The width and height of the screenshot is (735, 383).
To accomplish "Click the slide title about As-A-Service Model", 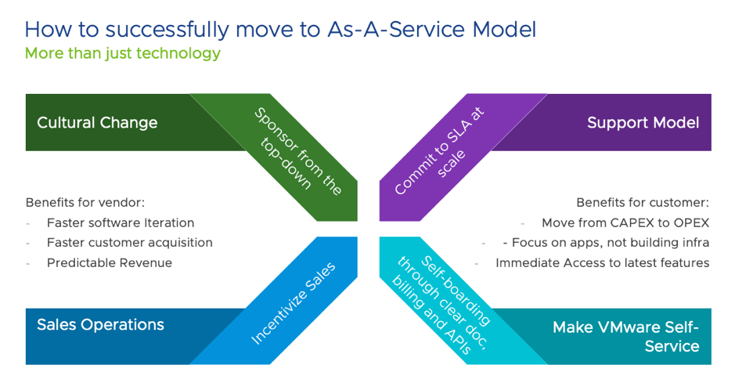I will (280, 30).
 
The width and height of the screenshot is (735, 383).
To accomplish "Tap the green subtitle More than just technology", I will (122, 54).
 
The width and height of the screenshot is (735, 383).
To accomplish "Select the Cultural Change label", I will (97, 123).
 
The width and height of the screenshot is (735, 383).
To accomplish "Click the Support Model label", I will (643, 123).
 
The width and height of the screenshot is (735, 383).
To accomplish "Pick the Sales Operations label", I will (100, 325).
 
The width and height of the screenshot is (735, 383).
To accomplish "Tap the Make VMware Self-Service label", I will (625, 336).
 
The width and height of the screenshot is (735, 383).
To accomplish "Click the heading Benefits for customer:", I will (643, 202).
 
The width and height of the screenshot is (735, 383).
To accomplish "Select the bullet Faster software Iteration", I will (120, 222).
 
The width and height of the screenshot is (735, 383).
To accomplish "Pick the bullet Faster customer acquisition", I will (129, 243).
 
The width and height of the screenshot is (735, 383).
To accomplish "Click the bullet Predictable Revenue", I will (109, 263).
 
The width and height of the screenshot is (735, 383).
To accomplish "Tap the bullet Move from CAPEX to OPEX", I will (625, 222).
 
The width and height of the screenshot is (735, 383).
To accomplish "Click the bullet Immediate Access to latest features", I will (602, 263).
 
